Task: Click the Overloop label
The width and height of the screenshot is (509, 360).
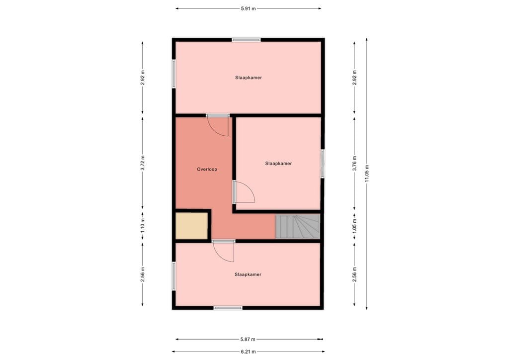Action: click(207, 169)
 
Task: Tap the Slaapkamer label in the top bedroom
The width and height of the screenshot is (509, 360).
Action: click(249, 78)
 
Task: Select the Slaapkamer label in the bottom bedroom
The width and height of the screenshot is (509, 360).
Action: click(248, 274)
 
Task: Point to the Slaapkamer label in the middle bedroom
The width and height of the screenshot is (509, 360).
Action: click(278, 163)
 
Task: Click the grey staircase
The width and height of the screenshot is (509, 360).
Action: click(298, 226)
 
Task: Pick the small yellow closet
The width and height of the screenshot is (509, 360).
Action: click(191, 226)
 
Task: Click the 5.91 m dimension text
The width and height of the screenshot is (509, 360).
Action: click(248, 8)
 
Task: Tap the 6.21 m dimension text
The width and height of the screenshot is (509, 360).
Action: click(248, 352)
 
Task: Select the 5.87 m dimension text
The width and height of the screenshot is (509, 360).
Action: click(248, 340)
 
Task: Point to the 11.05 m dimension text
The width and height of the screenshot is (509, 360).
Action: click(367, 173)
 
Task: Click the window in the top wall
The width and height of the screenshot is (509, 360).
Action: click(246, 40)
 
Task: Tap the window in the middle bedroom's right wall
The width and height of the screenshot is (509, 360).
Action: click(323, 164)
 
